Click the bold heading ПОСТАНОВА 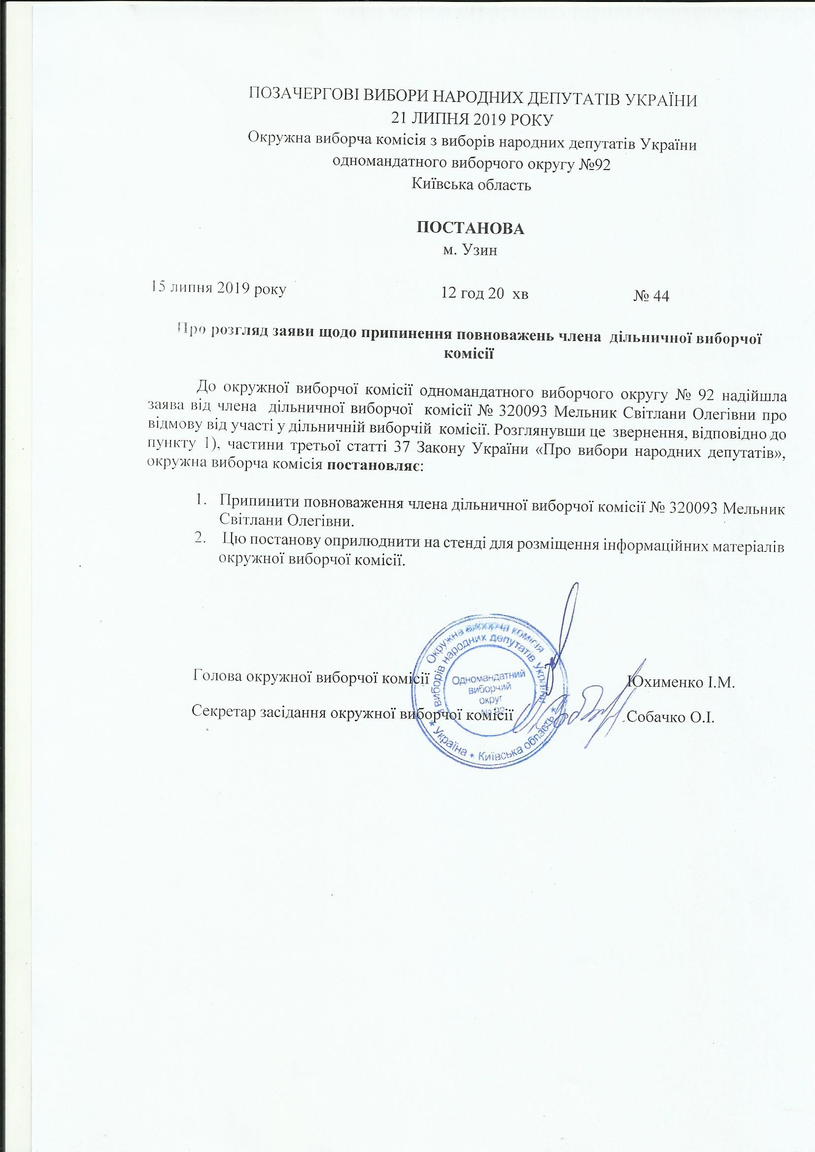click(471, 228)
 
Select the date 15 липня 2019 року click(219, 290)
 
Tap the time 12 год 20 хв click(484, 293)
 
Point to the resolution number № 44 click(651, 297)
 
